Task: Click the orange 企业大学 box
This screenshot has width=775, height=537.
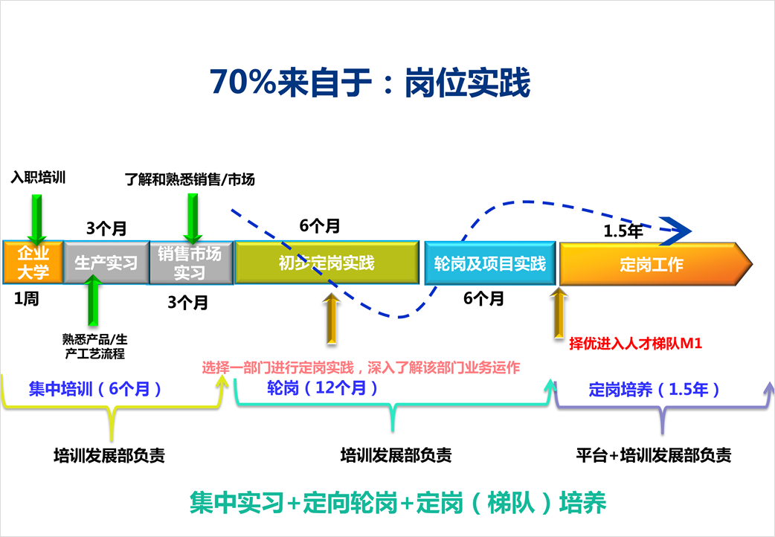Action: point(33,262)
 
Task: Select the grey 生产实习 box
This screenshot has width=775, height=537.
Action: point(106,263)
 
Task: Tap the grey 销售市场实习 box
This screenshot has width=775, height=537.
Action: point(191,263)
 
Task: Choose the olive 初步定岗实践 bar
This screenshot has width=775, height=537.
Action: point(327,263)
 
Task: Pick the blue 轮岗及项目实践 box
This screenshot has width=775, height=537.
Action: point(490,263)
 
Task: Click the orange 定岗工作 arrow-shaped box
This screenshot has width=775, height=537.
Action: point(655,264)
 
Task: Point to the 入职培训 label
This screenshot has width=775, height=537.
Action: point(38,177)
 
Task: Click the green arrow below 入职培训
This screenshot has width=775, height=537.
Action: point(36,219)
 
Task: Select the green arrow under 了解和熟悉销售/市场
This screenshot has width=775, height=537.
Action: point(193,219)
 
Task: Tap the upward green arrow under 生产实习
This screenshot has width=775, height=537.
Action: point(93,300)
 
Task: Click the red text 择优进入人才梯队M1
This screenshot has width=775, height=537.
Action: point(636,343)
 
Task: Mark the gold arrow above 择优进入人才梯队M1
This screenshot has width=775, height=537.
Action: point(559,313)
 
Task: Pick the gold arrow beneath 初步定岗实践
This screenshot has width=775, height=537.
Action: point(332,319)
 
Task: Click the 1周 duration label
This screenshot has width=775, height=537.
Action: point(26,299)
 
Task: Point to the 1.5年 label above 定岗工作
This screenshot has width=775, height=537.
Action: point(623,231)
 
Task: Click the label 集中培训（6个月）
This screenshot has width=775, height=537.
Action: point(95,389)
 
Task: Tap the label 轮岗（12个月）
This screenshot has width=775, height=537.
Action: point(322,388)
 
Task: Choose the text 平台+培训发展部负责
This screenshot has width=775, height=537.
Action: point(654,455)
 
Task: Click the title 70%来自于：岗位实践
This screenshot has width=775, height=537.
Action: point(370,82)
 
